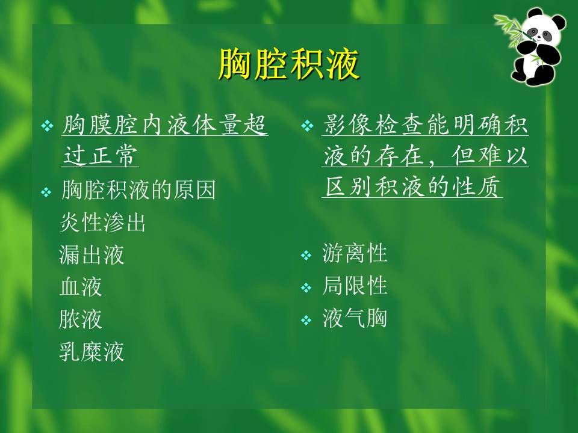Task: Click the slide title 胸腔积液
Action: [x=288, y=64]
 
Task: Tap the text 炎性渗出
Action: [x=103, y=223]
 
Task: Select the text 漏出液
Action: [x=92, y=255]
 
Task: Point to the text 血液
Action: [x=81, y=287]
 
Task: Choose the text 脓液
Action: [x=81, y=319]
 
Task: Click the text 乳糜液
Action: [x=92, y=351]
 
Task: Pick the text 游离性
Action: [x=355, y=253]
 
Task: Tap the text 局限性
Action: [x=355, y=286]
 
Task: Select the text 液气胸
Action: [x=355, y=318]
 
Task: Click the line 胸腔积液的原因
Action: [x=138, y=191]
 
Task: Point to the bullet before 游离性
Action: [x=306, y=256]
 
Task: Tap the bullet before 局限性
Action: [x=306, y=288]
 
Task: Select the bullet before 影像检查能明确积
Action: [x=306, y=126]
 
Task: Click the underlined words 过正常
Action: [x=100, y=155]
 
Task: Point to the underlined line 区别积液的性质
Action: [x=413, y=187]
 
